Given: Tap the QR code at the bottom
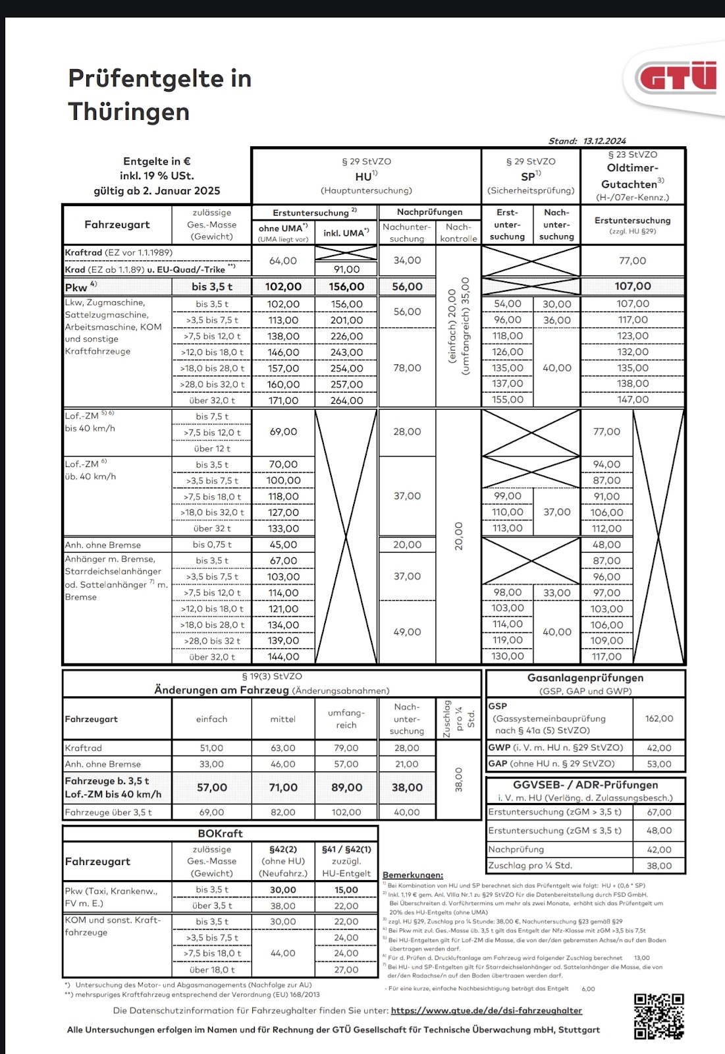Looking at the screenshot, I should tap(658, 1016).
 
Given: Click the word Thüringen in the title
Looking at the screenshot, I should tap(129, 112).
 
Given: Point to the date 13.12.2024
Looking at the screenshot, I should tap(604, 141).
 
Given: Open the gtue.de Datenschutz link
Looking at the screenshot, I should tap(486, 1011).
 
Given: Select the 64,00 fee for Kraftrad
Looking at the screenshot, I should tap(283, 261).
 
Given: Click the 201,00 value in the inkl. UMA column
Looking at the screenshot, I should tap(346, 320).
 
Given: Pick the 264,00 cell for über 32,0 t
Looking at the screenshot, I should tap(346, 401).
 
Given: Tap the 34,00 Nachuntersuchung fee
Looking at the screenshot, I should tap(407, 261).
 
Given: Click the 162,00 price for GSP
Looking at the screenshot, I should tap(659, 719).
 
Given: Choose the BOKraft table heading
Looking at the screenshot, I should tap(220, 834).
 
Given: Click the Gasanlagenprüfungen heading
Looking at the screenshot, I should tap(585, 678).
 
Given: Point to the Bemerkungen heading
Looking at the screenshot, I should tap(413, 875).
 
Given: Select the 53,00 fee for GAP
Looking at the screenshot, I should tap(659, 764).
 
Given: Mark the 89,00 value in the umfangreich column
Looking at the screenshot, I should tap(346, 788).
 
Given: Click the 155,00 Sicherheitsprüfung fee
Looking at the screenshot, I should tap(508, 400).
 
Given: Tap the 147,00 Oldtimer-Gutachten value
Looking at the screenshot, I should tap(633, 400).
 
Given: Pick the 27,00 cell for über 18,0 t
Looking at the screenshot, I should tap(346, 970).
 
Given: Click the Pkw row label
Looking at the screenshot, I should tap(76, 287).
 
